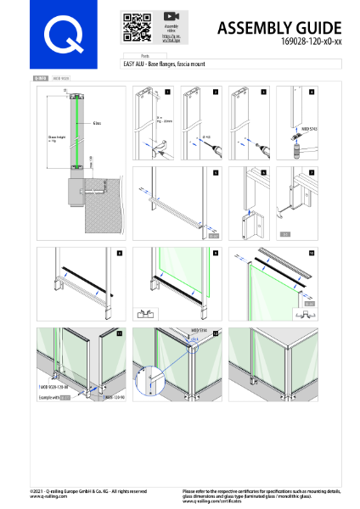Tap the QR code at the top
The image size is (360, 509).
tap(132, 27)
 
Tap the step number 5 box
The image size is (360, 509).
tap(217, 172)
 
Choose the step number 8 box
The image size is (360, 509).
tap(120, 253)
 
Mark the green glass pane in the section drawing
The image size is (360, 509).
tap(75, 127)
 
